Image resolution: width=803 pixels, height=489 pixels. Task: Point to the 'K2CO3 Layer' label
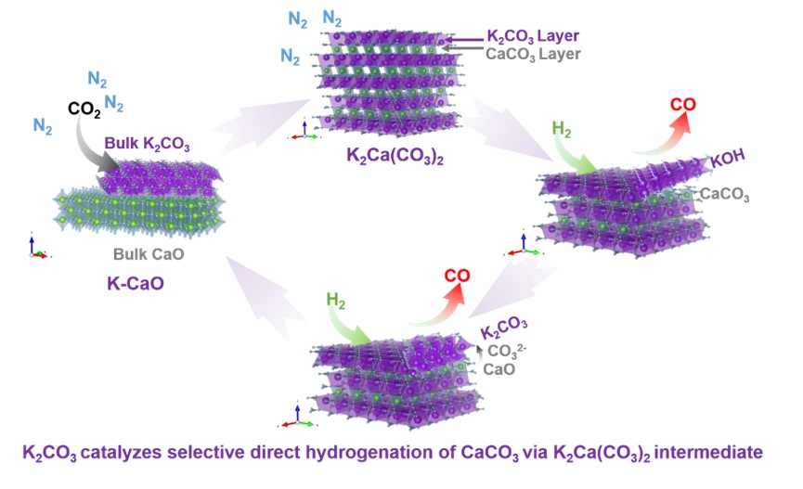533,36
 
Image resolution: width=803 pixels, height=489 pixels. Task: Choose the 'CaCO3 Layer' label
533,54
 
